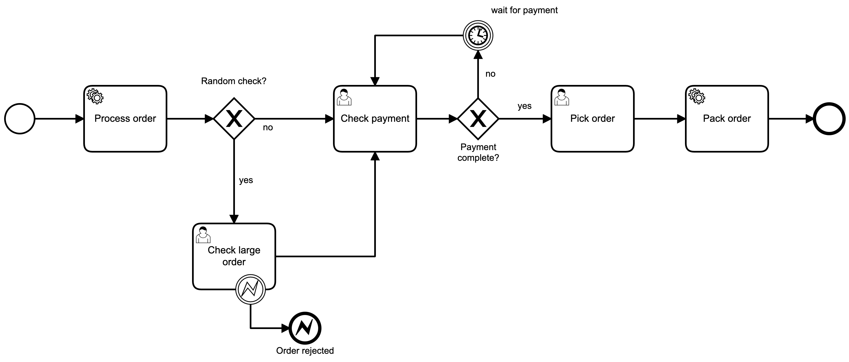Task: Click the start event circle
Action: pyautogui.click(x=20, y=119)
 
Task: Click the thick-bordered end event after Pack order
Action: pyautogui.click(x=829, y=119)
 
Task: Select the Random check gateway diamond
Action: pyautogui.click(x=234, y=119)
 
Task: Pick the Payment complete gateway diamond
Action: pyautogui.click(x=478, y=119)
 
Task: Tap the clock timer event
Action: pyautogui.click(x=478, y=35)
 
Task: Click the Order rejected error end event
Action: pyautogui.click(x=305, y=328)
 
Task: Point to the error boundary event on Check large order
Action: pyautogui.click(x=251, y=289)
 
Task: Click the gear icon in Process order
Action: pyautogui.click(x=95, y=96)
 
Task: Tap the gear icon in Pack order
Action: pyautogui.click(x=697, y=96)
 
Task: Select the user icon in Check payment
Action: pyautogui.click(x=344, y=97)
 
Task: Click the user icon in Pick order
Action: pyautogui.click(x=562, y=97)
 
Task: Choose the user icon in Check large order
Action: pyautogui.click(x=203, y=235)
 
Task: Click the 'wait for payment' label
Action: pyautogui.click(x=524, y=10)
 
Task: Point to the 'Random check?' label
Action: pyautogui.click(x=233, y=81)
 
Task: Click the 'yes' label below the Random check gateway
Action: pyautogui.click(x=246, y=180)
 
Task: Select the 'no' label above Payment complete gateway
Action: pyautogui.click(x=490, y=74)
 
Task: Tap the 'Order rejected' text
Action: pyautogui.click(x=305, y=350)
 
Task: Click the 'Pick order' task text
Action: pyautogui.click(x=592, y=118)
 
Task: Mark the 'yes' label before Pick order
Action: pyautogui.click(x=524, y=106)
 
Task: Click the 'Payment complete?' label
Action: pyautogui.click(x=478, y=152)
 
